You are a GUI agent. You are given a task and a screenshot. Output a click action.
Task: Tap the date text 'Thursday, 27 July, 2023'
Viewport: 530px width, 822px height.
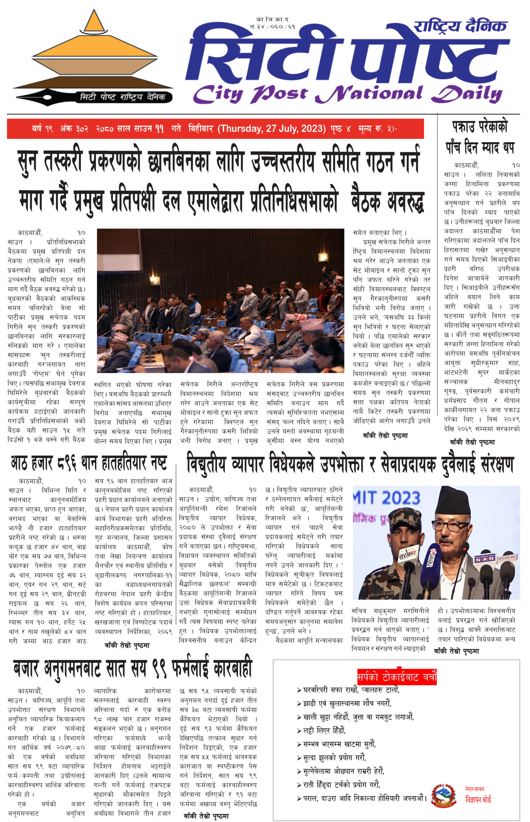[x=272, y=129]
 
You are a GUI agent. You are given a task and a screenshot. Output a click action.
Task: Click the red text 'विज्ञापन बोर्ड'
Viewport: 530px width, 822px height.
[x=478, y=799]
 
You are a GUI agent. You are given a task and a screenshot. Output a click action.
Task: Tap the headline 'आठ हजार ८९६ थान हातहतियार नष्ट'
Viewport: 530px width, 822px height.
[x=89, y=463]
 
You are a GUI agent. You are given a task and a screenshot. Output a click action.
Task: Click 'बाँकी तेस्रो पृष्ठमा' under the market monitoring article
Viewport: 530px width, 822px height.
[x=206, y=816]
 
